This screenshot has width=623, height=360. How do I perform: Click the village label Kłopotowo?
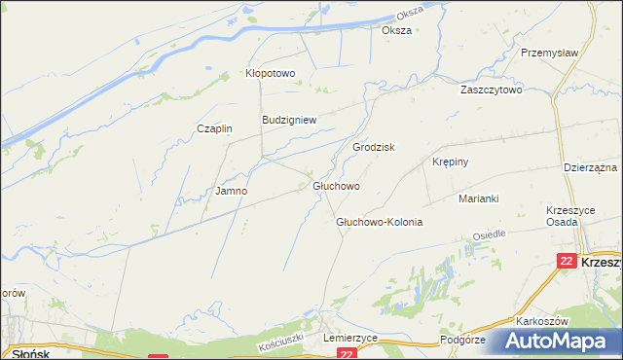point(269,73)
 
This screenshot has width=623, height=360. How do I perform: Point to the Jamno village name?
point(231,192)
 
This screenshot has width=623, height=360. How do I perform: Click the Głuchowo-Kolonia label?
point(379,222)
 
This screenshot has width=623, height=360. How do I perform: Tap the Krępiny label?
point(450,162)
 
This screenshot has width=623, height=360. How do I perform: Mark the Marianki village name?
point(479,198)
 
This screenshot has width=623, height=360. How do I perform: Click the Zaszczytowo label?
point(492,90)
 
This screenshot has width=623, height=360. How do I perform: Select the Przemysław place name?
point(550,53)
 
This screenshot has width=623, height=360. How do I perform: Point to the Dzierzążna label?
point(592,167)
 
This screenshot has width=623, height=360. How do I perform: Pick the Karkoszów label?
point(543,321)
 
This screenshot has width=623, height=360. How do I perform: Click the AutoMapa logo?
point(556,341)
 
